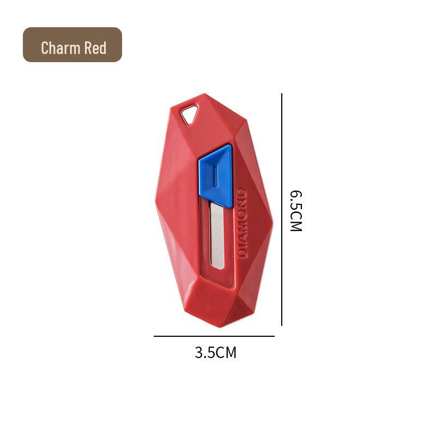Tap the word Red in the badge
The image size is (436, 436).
pos(95,48)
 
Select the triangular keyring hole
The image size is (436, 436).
pos(189,115)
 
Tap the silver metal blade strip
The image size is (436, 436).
pos(216,237)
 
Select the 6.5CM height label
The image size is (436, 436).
pos(295,211)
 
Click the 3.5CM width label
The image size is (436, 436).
pos(216,353)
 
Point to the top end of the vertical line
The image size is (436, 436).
pos(282,94)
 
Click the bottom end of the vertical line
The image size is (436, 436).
pos(282,325)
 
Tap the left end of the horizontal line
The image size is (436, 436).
pos(155,336)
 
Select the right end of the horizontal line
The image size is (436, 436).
pos(274,336)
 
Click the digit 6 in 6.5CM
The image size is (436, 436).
pos(295,195)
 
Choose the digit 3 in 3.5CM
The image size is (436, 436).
pos(199,353)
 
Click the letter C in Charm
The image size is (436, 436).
pos(45,48)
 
